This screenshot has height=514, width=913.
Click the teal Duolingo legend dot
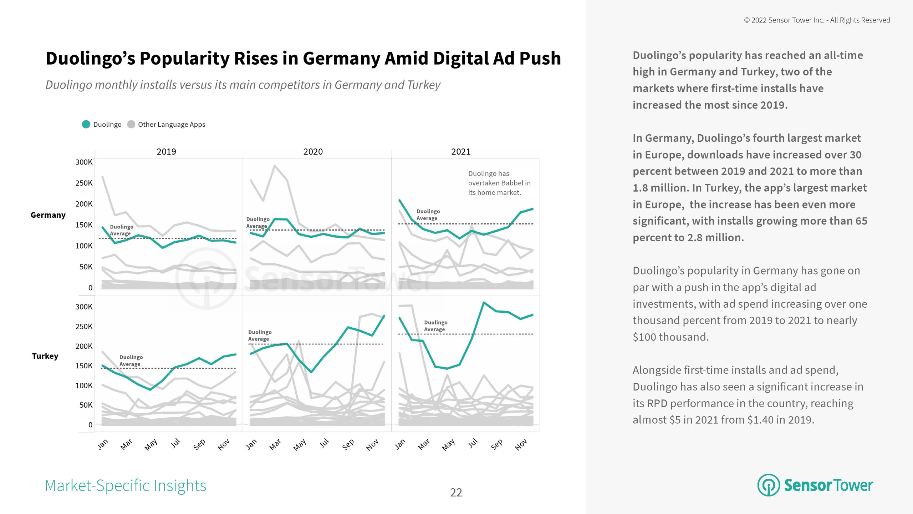point(86,124)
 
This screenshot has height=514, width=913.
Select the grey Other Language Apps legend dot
point(131,124)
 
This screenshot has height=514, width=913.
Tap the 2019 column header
point(166,152)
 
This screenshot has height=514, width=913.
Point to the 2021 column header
point(461,152)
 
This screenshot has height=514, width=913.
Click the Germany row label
point(48,215)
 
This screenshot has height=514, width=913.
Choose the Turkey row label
point(45,356)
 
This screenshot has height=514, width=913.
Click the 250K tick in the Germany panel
point(84,183)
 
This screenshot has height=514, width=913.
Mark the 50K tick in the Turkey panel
point(86,405)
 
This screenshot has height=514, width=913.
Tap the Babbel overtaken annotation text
point(499,183)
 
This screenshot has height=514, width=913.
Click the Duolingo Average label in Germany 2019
point(121,230)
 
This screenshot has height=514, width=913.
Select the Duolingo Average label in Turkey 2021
point(435,326)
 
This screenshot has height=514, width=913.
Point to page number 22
point(456,493)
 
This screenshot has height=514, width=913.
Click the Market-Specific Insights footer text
point(126,485)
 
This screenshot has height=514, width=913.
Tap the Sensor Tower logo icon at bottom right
point(768,485)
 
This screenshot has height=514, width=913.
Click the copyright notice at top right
point(817,20)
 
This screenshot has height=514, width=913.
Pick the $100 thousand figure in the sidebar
point(670,337)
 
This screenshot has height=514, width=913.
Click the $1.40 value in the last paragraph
point(761,420)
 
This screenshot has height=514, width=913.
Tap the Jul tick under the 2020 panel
point(324,443)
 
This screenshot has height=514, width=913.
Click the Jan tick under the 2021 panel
point(400,444)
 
